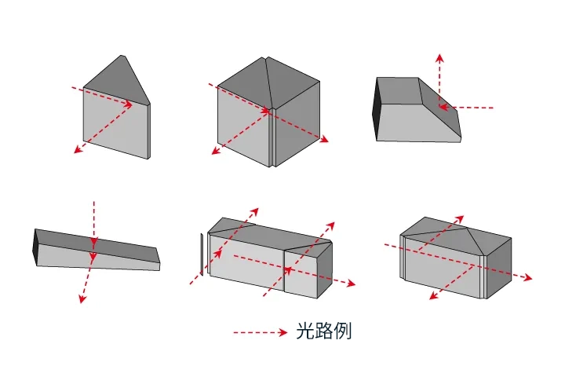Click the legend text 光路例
pyautogui.click(x=323, y=331)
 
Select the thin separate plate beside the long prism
pyautogui.click(x=201, y=255)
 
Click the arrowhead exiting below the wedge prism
pyautogui.click(x=80, y=298)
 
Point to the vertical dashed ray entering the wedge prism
pyautogui.click(x=93, y=224)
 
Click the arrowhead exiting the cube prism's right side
pyautogui.click(x=324, y=140)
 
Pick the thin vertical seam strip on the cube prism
pyautogui.click(x=272, y=137)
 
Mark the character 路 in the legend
pyautogui.click(x=323, y=331)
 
